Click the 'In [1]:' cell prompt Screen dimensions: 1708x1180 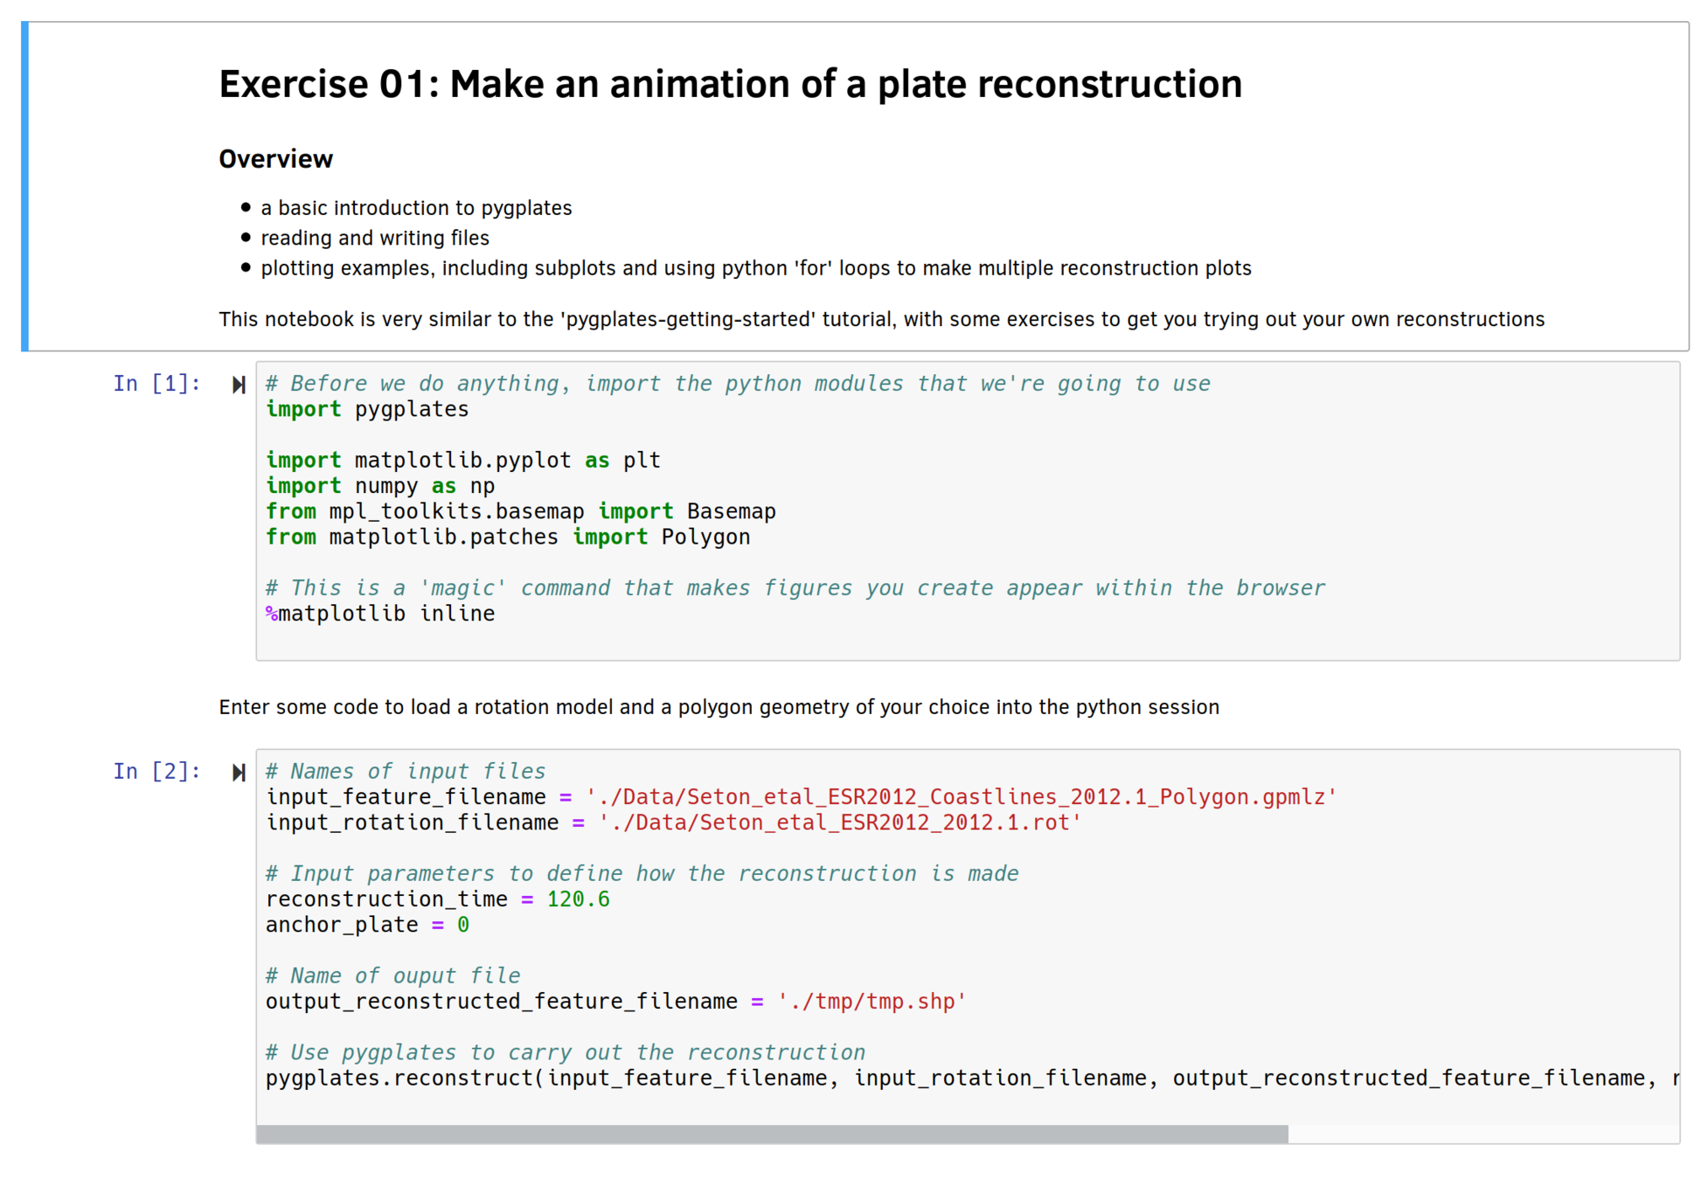[x=156, y=384]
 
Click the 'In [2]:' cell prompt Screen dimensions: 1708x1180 [x=156, y=772]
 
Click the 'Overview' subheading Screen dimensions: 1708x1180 [x=275, y=159]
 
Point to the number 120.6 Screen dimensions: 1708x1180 [x=578, y=899]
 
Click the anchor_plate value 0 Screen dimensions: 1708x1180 [x=463, y=925]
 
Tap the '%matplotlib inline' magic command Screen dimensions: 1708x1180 [x=380, y=614]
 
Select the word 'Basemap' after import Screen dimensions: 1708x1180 [x=731, y=511]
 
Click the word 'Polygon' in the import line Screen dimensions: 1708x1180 [x=705, y=538]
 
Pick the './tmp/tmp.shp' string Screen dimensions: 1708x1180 [x=871, y=1002]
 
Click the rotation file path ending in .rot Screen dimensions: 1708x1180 [x=840, y=823]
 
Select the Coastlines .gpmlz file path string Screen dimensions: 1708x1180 [x=961, y=797]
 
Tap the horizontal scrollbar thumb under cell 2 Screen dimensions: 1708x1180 [x=772, y=1135]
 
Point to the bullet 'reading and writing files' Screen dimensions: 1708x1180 [x=375, y=239]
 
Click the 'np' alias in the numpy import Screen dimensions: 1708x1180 [x=483, y=486]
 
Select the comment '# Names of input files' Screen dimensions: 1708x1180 [x=406, y=772]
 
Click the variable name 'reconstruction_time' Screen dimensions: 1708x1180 [x=386, y=899]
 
